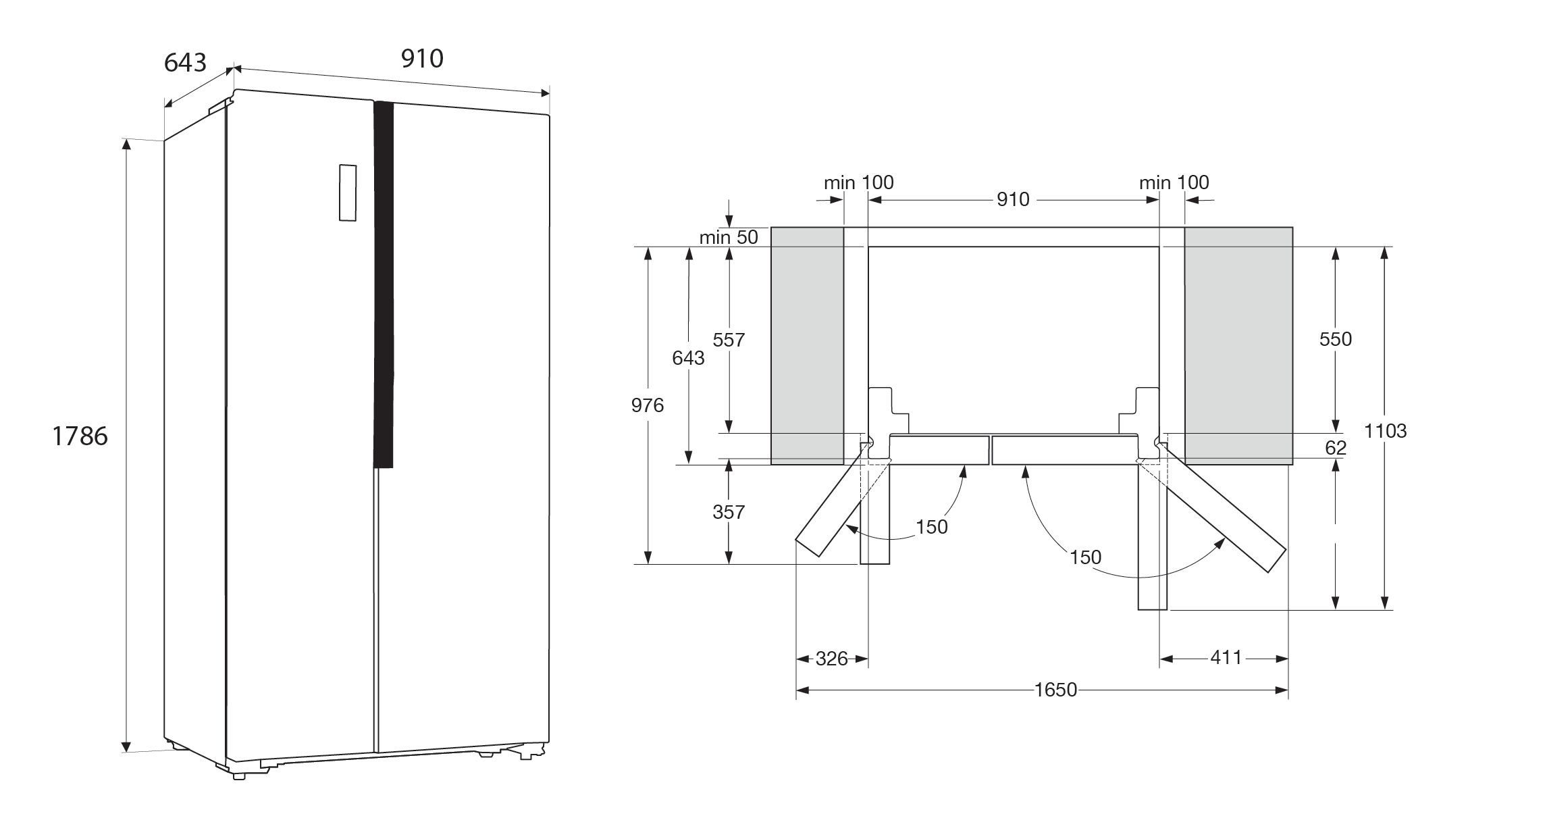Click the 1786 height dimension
click(x=80, y=436)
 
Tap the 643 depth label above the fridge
click(x=185, y=62)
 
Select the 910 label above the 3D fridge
click(x=422, y=59)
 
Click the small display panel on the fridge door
click(x=347, y=193)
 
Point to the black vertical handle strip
click(x=383, y=284)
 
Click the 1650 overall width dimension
click(x=1055, y=690)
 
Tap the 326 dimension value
click(x=831, y=659)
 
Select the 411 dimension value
click(x=1226, y=657)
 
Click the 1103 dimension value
click(x=1385, y=430)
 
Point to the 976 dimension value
click(x=648, y=405)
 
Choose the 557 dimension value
click(x=729, y=340)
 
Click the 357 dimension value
click(x=729, y=512)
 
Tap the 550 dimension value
click(x=1336, y=338)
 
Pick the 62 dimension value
click(x=1336, y=447)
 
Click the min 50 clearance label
click(x=729, y=237)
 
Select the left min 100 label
click(x=858, y=182)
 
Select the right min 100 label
click(x=1174, y=182)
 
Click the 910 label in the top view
click(x=1013, y=199)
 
